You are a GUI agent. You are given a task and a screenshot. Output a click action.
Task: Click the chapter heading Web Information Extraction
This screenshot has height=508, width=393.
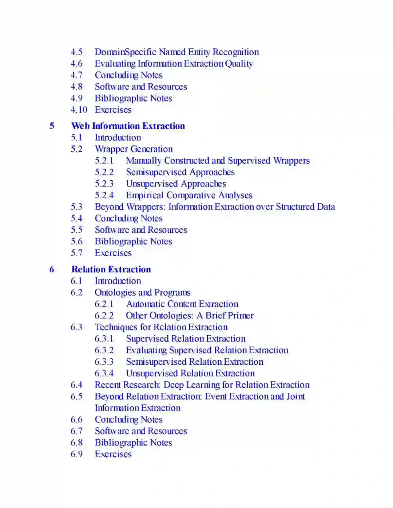pos(128,126)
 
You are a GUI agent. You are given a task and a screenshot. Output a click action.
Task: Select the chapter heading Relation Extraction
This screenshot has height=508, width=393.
pos(111,269)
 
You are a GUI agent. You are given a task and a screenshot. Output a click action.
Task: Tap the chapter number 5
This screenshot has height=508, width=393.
pos(52,126)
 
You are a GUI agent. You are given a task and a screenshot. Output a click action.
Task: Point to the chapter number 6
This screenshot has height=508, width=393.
pos(52,269)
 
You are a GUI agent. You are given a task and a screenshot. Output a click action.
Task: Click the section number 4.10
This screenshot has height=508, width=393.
pos(79,110)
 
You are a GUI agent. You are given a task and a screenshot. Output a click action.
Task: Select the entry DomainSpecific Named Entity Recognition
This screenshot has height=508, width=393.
pos(177,52)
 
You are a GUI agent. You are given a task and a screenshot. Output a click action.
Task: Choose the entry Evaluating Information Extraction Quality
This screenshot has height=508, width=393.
pos(174,64)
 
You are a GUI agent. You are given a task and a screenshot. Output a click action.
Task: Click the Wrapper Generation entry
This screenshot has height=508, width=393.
pos(134,149)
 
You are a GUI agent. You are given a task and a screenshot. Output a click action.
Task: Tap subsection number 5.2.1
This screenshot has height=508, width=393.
pos(104,161)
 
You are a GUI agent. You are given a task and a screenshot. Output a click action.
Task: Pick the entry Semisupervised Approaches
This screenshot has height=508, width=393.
pos(180,172)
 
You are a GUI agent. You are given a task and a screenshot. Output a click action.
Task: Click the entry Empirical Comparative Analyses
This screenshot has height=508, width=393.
pos(189,195)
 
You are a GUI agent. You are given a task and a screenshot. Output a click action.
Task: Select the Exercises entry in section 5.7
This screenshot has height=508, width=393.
pos(113,253)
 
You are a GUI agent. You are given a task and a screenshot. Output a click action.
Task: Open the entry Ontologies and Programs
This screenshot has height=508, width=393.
pos(142,293)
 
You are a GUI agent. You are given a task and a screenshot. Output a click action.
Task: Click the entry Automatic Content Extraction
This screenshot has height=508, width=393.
pos(182,304)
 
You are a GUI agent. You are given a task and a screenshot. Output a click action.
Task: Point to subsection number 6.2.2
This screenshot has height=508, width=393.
pos(104,316)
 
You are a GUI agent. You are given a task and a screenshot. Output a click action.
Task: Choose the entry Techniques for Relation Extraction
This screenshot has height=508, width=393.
pos(161,327)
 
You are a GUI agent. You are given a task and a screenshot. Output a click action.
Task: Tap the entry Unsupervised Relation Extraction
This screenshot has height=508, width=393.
pos(190,373)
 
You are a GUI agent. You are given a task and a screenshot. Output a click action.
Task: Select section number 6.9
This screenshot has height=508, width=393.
pos(76,454)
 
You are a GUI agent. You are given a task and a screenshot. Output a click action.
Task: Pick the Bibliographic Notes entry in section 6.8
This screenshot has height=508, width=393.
pos(133,443)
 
